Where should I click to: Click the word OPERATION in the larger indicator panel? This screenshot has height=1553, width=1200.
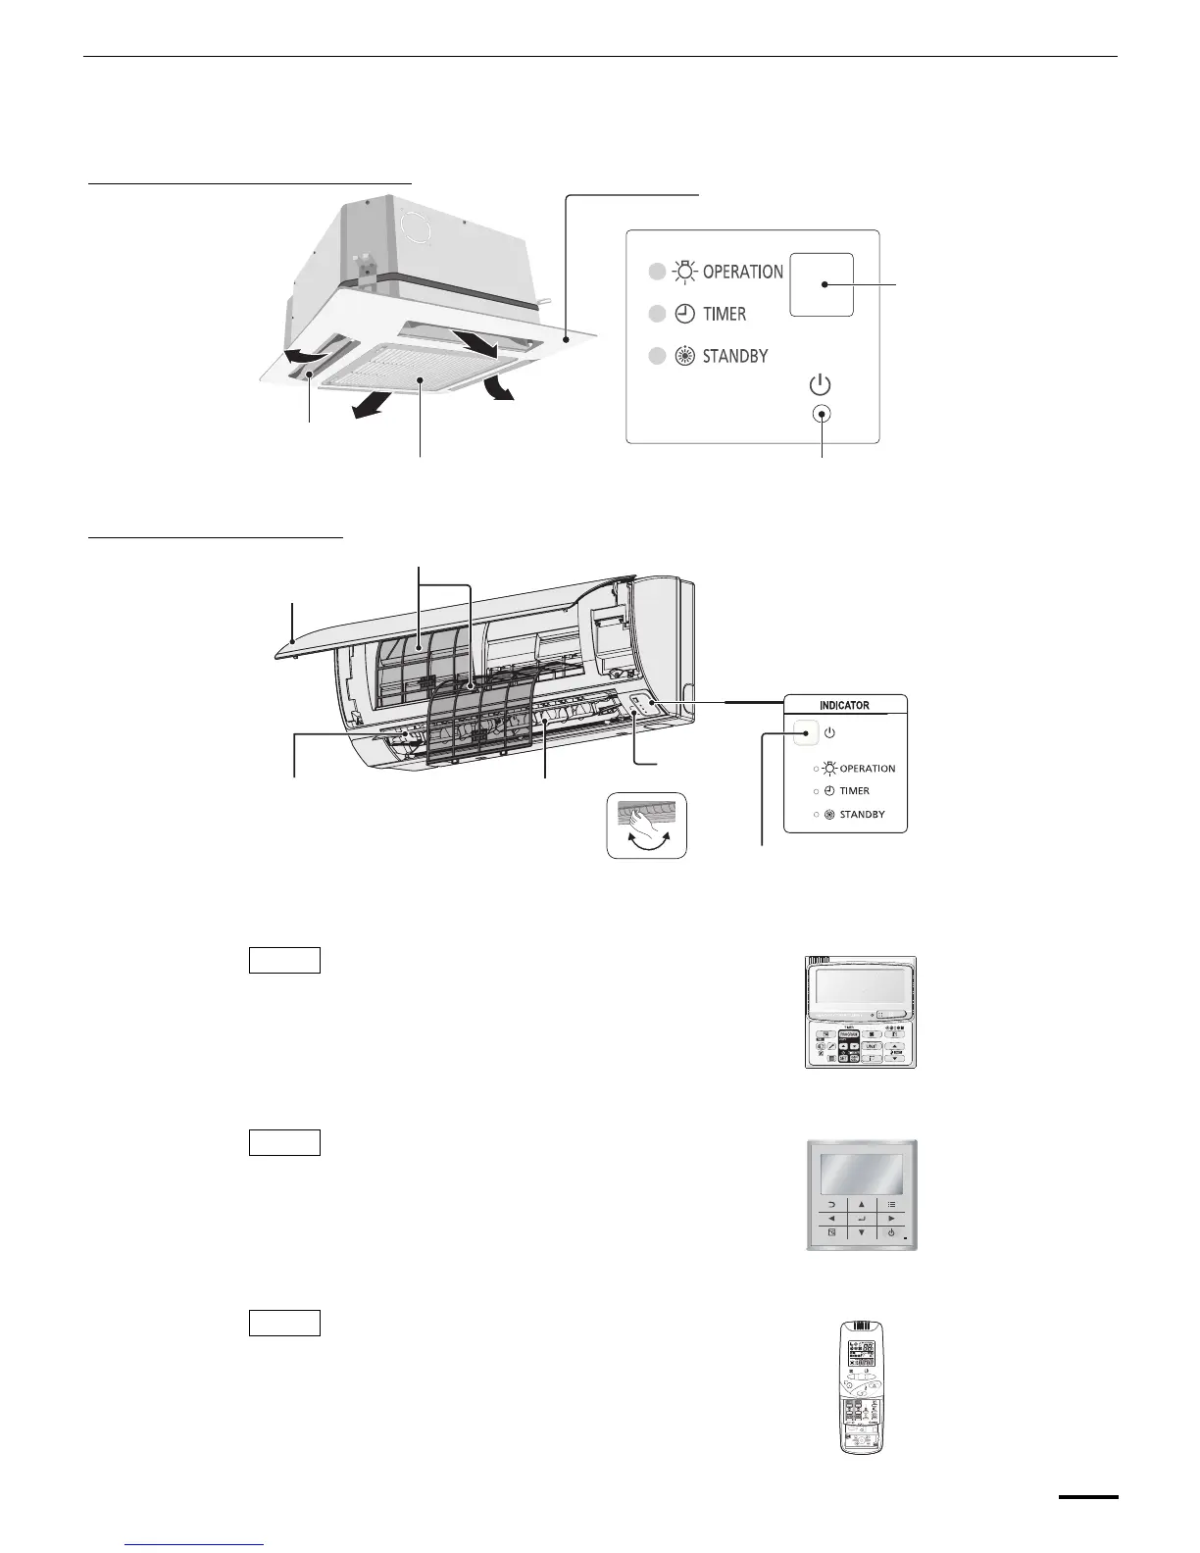[x=742, y=272]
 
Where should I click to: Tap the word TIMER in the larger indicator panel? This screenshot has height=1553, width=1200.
[x=724, y=314]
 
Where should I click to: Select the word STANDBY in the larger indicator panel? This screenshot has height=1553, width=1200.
[x=734, y=356]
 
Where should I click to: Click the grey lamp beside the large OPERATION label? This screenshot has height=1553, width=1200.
[x=657, y=272]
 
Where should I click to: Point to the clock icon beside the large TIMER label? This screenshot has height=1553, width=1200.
[x=685, y=314]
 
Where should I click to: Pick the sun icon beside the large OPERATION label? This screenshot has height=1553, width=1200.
[x=685, y=272]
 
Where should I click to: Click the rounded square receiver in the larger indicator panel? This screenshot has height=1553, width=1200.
[x=822, y=284]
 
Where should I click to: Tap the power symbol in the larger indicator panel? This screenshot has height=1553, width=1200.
[x=822, y=385]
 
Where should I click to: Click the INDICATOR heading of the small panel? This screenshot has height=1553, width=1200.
[x=844, y=705]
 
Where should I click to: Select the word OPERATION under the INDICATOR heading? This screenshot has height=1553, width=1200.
[x=867, y=769]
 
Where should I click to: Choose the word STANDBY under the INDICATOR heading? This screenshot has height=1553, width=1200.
[x=862, y=815]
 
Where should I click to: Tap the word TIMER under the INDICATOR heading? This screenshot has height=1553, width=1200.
[x=854, y=791]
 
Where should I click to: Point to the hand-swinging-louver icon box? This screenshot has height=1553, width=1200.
[x=646, y=827]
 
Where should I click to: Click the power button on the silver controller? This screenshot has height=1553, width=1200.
[x=890, y=1232]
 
